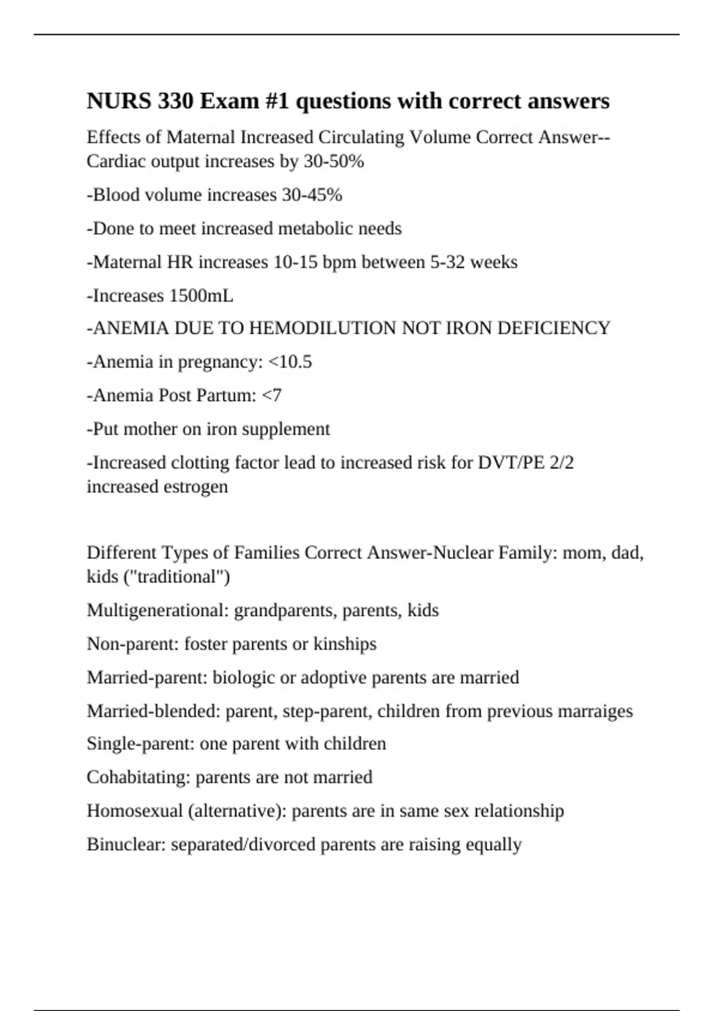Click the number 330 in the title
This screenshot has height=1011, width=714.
coord(176,101)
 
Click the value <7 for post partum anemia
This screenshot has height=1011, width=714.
coord(271,395)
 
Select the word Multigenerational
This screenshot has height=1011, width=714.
coord(157,611)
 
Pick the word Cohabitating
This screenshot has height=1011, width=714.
coord(138,777)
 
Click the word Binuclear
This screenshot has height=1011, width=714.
coord(126,844)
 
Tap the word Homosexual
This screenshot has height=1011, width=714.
coord(134,811)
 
